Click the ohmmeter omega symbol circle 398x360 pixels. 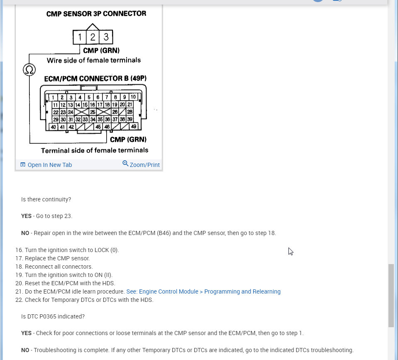pos(29,69)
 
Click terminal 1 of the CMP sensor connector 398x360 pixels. pos(79,37)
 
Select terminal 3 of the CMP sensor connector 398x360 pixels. pos(106,37)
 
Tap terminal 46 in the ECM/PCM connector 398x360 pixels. pos(107,127)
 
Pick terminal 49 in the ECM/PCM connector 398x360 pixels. pos(133,127)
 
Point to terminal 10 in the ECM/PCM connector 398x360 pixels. pos(133,97)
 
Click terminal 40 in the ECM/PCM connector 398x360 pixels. pos(54,127)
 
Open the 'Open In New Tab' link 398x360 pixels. pos(49,165)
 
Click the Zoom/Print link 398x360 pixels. pos(144,165)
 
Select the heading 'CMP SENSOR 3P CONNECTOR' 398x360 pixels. pos(96,14)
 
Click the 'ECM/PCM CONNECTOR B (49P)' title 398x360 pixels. pos(95,78)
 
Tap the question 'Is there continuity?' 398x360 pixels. pos(46,199)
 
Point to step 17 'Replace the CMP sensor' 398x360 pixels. pos(57,258)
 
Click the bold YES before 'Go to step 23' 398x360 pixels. pos(26,216)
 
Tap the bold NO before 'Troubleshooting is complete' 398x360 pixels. pos(25,350)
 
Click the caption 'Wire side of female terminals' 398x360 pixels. pos(93,60)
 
